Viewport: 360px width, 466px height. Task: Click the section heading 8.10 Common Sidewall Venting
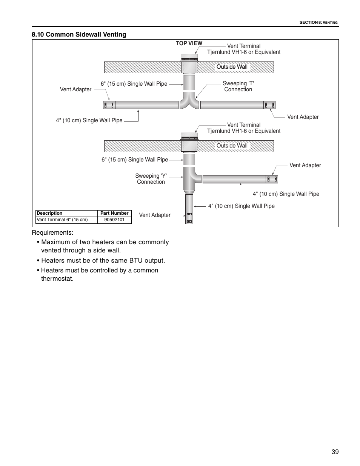coord(79,34)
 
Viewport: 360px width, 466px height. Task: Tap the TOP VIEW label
coord(189,43)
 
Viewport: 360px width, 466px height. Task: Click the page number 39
coord(335,452)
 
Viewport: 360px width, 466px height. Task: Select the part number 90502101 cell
coord(114,220)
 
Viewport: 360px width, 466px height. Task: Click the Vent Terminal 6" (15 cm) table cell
coord(66,220)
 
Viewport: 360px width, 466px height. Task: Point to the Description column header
coord(49,213)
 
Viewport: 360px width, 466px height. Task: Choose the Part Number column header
coord(114,213)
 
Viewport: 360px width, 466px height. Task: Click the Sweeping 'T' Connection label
coord(238,86)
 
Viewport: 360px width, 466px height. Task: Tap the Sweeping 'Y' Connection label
coord(151,179)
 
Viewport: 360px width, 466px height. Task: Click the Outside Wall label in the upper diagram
coord(232,67)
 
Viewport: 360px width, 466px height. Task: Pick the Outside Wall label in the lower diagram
coord(232,146)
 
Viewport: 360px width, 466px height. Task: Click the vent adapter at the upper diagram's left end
coord(109,105)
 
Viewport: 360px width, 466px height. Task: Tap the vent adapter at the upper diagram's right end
coord(269,105)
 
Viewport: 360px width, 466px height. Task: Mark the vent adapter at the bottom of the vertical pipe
coord(189,218)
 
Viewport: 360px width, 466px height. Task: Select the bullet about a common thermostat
coord(100,274)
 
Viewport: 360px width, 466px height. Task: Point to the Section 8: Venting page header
coord(318,23)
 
